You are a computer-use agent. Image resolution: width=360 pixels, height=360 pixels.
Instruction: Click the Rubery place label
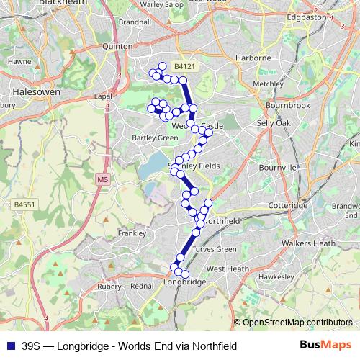coord(109,285)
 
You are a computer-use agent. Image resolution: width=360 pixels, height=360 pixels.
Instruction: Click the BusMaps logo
coord(325,346)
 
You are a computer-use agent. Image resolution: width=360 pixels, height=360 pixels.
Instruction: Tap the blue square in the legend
coord(9,346)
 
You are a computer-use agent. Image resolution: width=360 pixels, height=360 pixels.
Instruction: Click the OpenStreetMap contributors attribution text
coord(297,323)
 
